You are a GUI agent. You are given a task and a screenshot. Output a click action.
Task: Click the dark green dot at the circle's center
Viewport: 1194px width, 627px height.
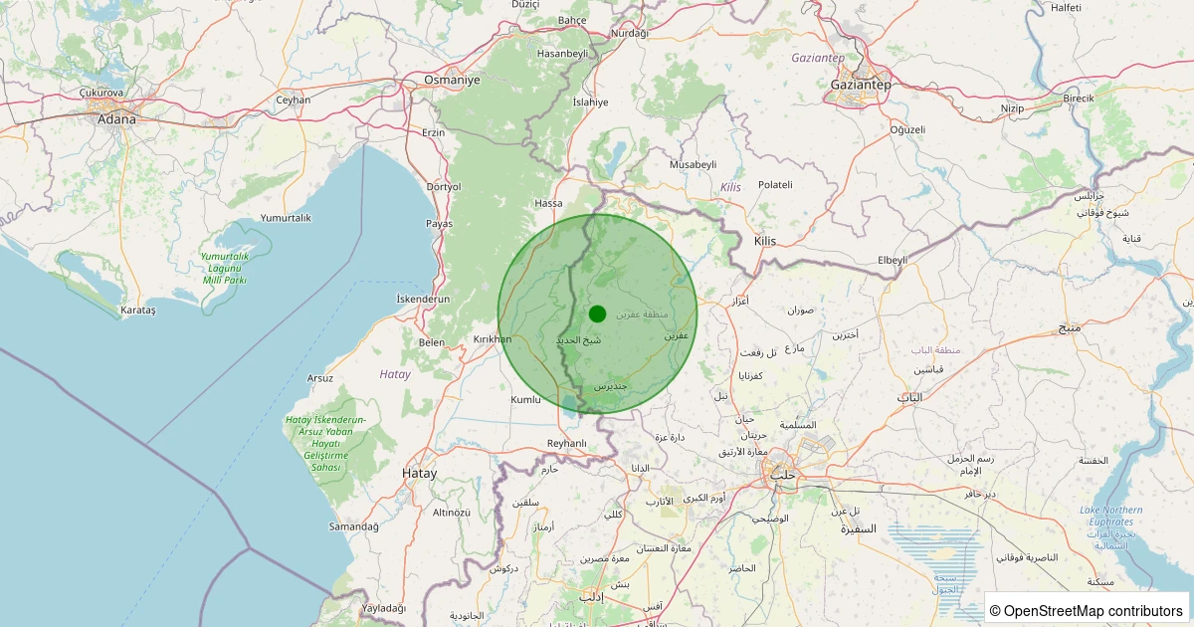pyautogui.click(x=597, y=313)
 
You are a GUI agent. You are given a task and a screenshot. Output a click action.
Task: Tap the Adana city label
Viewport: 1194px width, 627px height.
pyautogui.click(x=116, y=119)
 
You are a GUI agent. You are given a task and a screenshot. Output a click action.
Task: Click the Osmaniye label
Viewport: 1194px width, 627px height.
pyautogui.click(x=452, y=80)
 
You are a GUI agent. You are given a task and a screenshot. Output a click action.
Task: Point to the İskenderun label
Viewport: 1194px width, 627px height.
pyautogui.click(x=424, y=299)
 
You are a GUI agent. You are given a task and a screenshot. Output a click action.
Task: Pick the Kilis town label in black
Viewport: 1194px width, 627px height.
pyautogui.click(x=764, y=241)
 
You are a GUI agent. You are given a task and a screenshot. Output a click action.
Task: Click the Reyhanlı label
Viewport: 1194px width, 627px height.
pyautogui.click(x=568, y=443)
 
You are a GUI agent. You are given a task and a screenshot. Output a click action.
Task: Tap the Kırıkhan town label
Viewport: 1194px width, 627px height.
pyautogui.click(x=492, y=339)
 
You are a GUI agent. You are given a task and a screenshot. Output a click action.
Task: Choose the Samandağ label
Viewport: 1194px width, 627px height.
pyautogui.click(x=355, y=525)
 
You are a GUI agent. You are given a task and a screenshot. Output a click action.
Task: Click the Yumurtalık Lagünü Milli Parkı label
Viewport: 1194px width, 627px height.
pyautogui.click(x=224, y=268)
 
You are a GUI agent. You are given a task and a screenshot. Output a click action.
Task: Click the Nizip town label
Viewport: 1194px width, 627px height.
pyautogui.click(x=1012, y=107)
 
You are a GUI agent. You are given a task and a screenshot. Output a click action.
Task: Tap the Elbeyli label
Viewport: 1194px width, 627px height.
pyautogui.click(x=893, y=260)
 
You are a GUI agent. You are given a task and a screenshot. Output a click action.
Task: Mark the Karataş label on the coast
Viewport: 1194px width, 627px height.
pyautogui.click(x=137, y=311)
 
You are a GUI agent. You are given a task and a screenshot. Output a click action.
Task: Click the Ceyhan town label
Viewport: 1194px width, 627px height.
pyautogui.click(x=294, y=100)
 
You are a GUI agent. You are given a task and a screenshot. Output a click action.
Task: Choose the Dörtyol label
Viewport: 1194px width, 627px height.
pyautogui.click(x=444, y=186)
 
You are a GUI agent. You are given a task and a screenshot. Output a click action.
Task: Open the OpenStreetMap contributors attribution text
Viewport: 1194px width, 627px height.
pyautogui.click(x=1088, y=610)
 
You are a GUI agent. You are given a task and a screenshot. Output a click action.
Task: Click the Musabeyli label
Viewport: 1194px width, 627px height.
pyautogui.click(x=694, y=163)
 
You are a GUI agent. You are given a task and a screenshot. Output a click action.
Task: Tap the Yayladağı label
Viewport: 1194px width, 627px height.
pyautogui.click(x=384, y=607)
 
